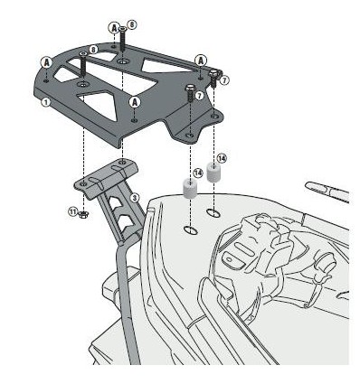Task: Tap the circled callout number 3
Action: [x=134, y=197]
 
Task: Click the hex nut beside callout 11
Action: [x=83, y=215]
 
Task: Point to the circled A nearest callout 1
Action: [x=47, y=61]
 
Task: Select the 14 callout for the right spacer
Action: [x=223, y=157]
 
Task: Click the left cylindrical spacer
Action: [x=191, y=191]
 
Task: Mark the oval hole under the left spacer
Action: [x=191, y=226]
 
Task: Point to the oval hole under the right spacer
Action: [x=213, y=213]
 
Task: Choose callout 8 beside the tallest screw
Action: [x=132, y=23]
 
